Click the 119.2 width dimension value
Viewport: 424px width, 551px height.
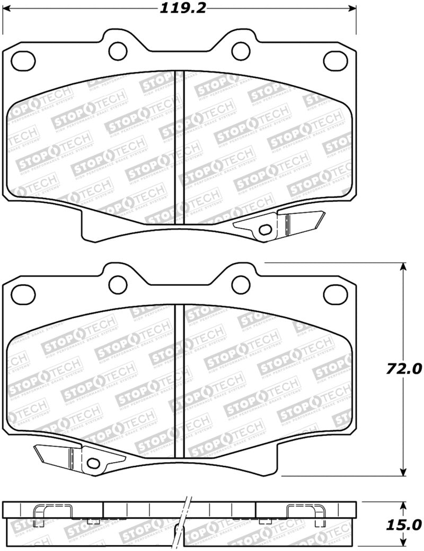[x=178, y=7]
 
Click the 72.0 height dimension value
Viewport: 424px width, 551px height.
[x=404, y=368]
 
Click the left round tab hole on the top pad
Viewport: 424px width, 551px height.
[x=117, y=50]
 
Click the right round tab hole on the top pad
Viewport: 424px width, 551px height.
[x=241, y=50]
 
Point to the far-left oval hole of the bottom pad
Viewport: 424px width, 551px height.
[x=23, y=293]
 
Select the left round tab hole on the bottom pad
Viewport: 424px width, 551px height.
[x=117, y=285]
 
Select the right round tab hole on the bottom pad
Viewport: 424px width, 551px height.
[x=241, y=285]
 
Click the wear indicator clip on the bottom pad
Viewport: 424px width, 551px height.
[x=79, y=456]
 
